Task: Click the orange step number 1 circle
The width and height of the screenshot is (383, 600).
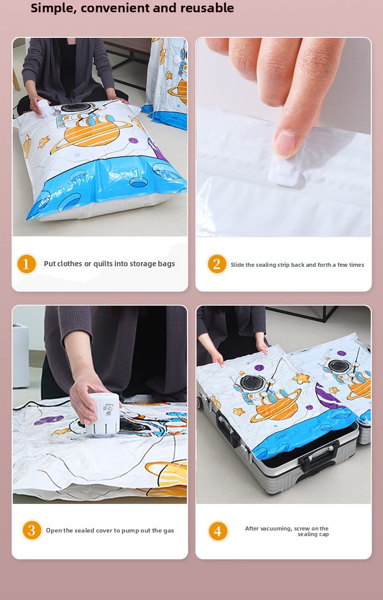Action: click(x=27, y=264)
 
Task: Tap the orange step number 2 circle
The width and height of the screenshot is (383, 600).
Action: click(x=217, y=264)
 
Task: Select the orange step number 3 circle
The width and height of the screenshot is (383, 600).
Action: click(x=32, y=530)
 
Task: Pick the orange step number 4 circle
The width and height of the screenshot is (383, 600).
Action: click(x=218, y=531)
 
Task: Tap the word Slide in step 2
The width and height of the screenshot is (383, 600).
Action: click(x=237, y=265)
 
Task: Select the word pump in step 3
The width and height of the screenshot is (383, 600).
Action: click(x=129, y=530)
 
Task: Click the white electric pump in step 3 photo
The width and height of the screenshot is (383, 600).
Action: click(x=102, y=414)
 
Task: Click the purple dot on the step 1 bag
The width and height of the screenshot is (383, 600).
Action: click(x=133, y=141)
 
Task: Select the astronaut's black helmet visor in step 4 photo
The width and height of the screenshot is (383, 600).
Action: click(x=253, y=383)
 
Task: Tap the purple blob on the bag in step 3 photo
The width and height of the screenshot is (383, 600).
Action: click(x=49, y=420)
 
